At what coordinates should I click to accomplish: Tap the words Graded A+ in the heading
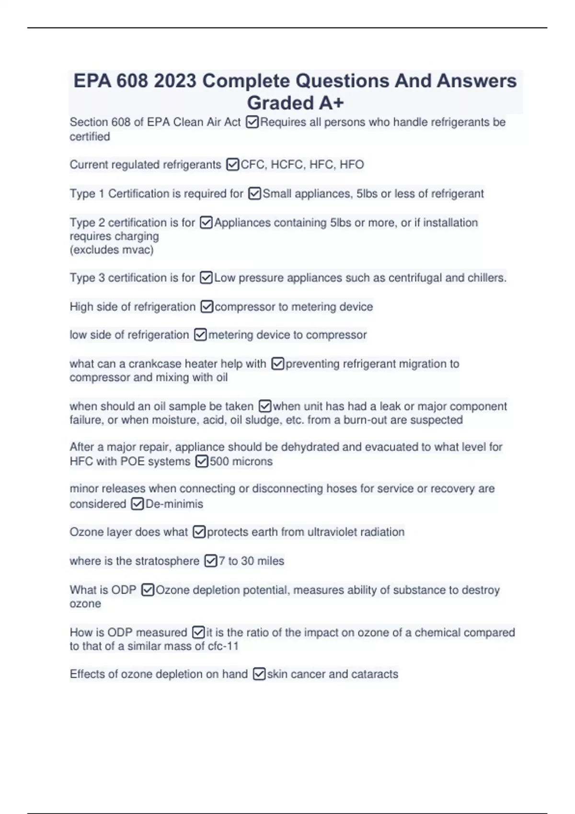[295, 103]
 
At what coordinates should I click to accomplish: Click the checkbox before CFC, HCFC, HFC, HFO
[232, 165]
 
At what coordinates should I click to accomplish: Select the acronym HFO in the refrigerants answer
[352, 165]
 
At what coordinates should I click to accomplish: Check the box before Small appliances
[254, 193]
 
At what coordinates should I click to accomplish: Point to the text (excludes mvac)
[112, 249]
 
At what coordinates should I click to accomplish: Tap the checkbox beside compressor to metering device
[207, 306]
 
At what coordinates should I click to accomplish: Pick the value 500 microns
[241, 462]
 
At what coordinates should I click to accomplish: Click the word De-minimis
[174, 504]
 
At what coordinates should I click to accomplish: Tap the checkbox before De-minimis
[137, 504]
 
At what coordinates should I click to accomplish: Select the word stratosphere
[168, 561]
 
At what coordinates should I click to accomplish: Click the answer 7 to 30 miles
[252, 561]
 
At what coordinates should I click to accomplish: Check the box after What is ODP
[148, 590]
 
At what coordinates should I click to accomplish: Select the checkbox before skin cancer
[259, 674]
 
